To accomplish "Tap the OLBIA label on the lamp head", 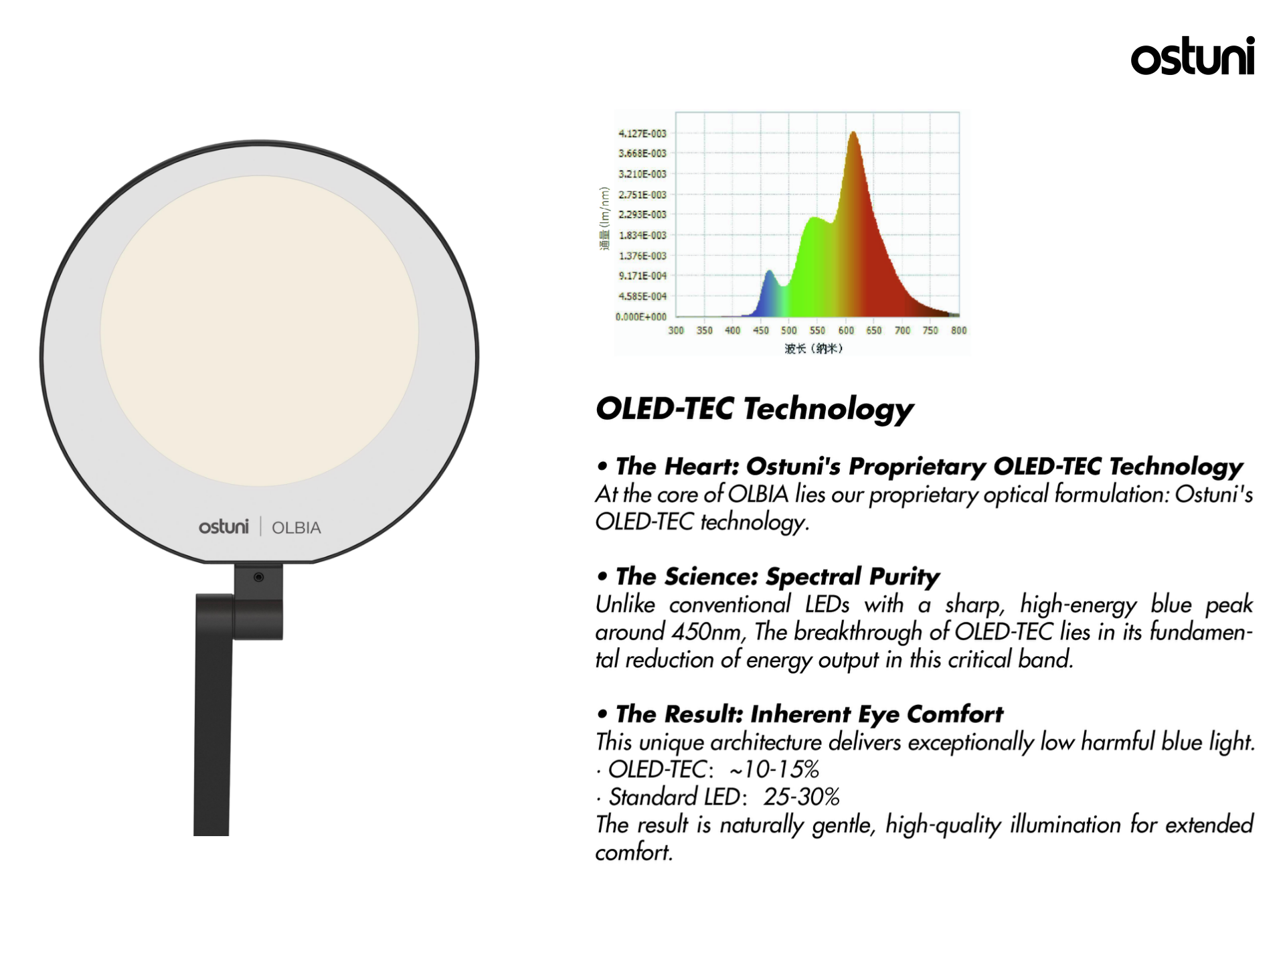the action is pos(296,528).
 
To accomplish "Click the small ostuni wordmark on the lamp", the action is pos(224,526).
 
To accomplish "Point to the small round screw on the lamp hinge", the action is pos(258,577).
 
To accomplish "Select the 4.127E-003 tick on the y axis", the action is pos(642,133).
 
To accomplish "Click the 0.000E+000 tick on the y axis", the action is pos(640,317).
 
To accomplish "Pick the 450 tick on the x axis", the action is pos(761,330).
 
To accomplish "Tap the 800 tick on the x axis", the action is pos(958,330).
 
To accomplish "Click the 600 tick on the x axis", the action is pos(846,330).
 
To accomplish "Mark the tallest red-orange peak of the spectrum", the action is pos(853,133).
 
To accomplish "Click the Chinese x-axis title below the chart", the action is pos(813,348).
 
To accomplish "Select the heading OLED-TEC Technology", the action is pos(754,409).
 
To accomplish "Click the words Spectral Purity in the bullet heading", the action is pos(852,576).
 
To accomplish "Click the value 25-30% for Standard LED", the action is pos(801,797).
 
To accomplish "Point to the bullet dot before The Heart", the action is pos(603,467).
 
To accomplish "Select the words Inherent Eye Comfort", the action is pos(877,714).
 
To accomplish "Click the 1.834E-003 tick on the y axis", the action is pos(642,235).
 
